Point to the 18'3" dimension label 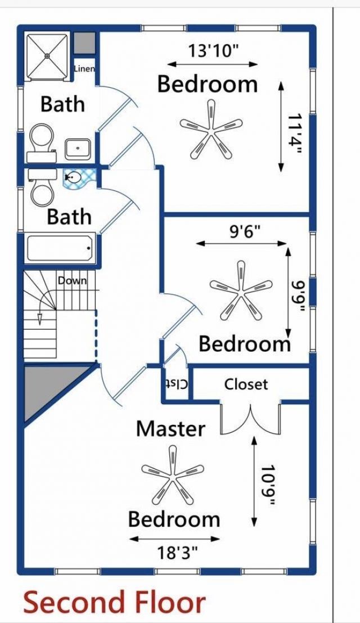pos(177,553)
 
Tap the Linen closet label pos(84,68)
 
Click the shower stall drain pos(47,56)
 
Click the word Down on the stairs pos(72,280)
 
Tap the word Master pos(170,429)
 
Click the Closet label pos(246,384)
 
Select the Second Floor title pos(114,602)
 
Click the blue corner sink pos(79,178)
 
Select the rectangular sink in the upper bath pos(78,148)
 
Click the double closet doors pos(251,419)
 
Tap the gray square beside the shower pos(84,43)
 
